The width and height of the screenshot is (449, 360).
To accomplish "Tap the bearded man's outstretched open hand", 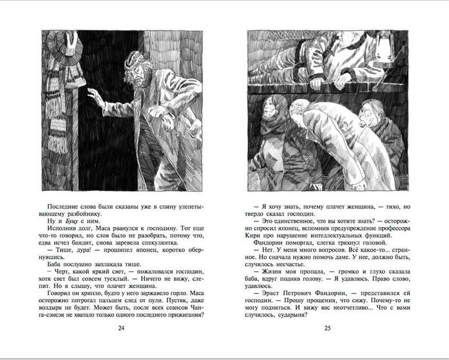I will point(94,97).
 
